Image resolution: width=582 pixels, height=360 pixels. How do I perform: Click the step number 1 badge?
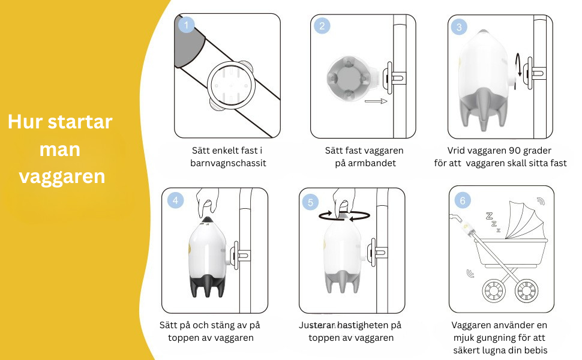[187, 25]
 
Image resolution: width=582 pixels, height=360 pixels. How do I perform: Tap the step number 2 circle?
[322, 26]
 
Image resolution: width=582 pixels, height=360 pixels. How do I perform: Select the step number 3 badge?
[459, 27]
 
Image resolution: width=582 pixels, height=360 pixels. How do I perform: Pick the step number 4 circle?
[175, 200]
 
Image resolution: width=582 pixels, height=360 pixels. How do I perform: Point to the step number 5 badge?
[310, 202]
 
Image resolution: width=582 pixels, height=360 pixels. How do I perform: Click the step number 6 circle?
[463, 200]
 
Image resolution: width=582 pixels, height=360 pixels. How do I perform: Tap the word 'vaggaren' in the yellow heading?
[62, 176]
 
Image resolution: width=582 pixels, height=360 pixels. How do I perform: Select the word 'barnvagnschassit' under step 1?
[228, 163]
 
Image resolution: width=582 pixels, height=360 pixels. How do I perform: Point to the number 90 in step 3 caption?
[515, 151]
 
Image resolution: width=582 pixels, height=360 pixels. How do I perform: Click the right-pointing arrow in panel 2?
[376, 101]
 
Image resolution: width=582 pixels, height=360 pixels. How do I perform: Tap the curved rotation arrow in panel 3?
[519, 65]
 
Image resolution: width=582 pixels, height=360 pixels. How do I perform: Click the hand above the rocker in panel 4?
[207, 203]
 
